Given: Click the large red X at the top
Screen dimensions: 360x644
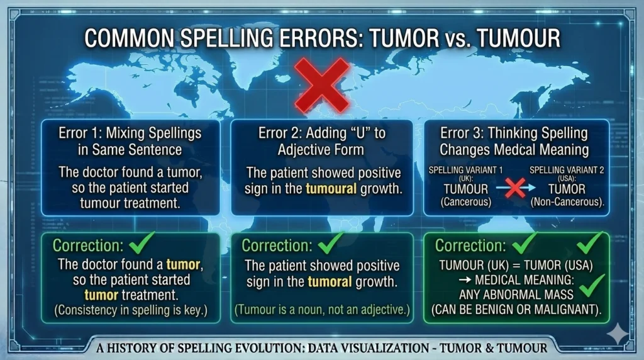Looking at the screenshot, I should click(x=322, y=84).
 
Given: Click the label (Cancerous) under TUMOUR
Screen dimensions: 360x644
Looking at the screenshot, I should click(x=459, y=202).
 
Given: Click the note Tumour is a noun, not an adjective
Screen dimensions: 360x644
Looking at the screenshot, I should click(x=322, y=309).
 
